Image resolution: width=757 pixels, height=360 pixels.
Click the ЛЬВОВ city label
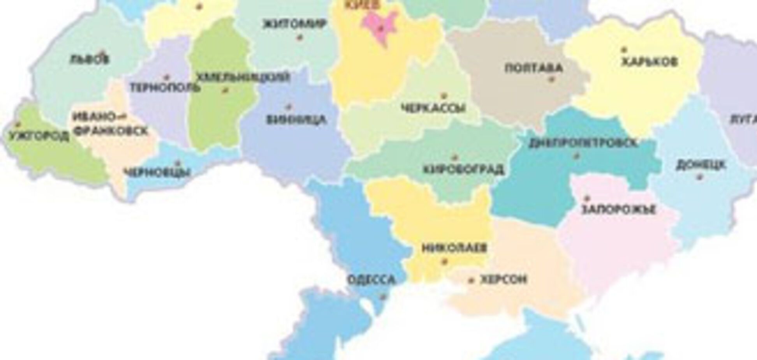pos(90,60)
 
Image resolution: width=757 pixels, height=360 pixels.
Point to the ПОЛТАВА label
pos(534,69)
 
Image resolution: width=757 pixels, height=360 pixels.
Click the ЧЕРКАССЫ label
pos(433,108)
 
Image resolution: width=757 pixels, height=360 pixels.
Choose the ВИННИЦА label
pos(296,120)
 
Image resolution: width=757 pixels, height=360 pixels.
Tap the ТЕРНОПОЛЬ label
pos(165,87)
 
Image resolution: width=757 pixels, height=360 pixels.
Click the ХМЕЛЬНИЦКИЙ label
pos(243,77)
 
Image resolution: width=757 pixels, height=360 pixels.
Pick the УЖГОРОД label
pos(38,137)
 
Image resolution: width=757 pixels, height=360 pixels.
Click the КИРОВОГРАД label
pos(463,170)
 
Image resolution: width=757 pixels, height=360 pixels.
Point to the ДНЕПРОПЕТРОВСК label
pos(583,143)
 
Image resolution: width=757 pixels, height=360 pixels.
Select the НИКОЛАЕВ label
pos(454,248)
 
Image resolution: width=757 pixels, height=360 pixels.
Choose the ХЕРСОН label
pos(503,279)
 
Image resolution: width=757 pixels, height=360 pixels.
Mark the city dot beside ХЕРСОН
pos(472,280)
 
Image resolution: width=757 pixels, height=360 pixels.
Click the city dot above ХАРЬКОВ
pos(624,49)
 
